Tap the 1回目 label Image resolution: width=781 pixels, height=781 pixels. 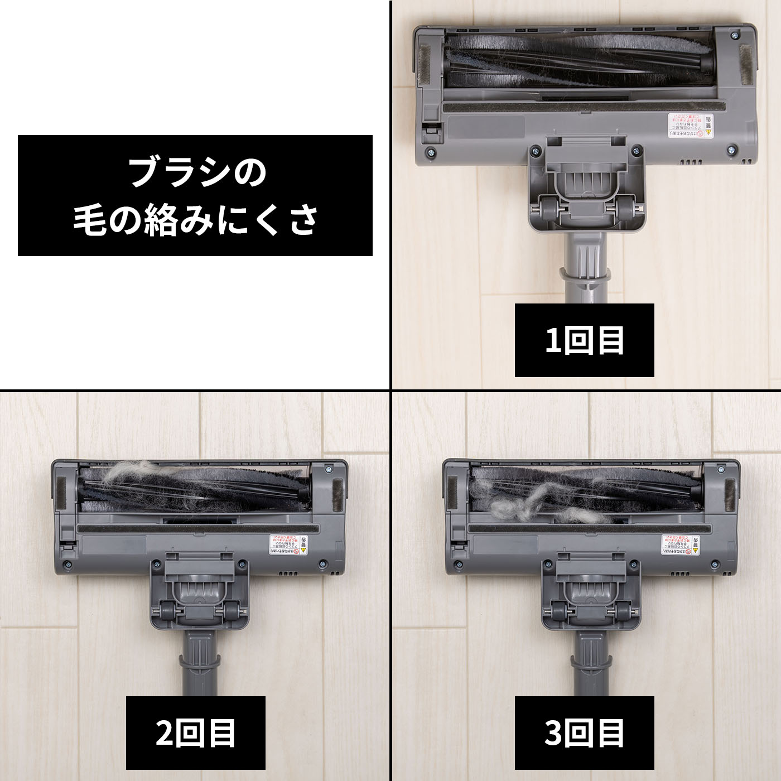[584, 340]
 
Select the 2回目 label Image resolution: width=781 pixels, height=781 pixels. [195, 733]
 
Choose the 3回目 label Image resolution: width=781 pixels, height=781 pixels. [584, 733]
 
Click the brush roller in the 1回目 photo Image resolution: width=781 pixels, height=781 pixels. [580, 59]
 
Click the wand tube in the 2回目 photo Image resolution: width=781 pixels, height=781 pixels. [199, 669]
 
